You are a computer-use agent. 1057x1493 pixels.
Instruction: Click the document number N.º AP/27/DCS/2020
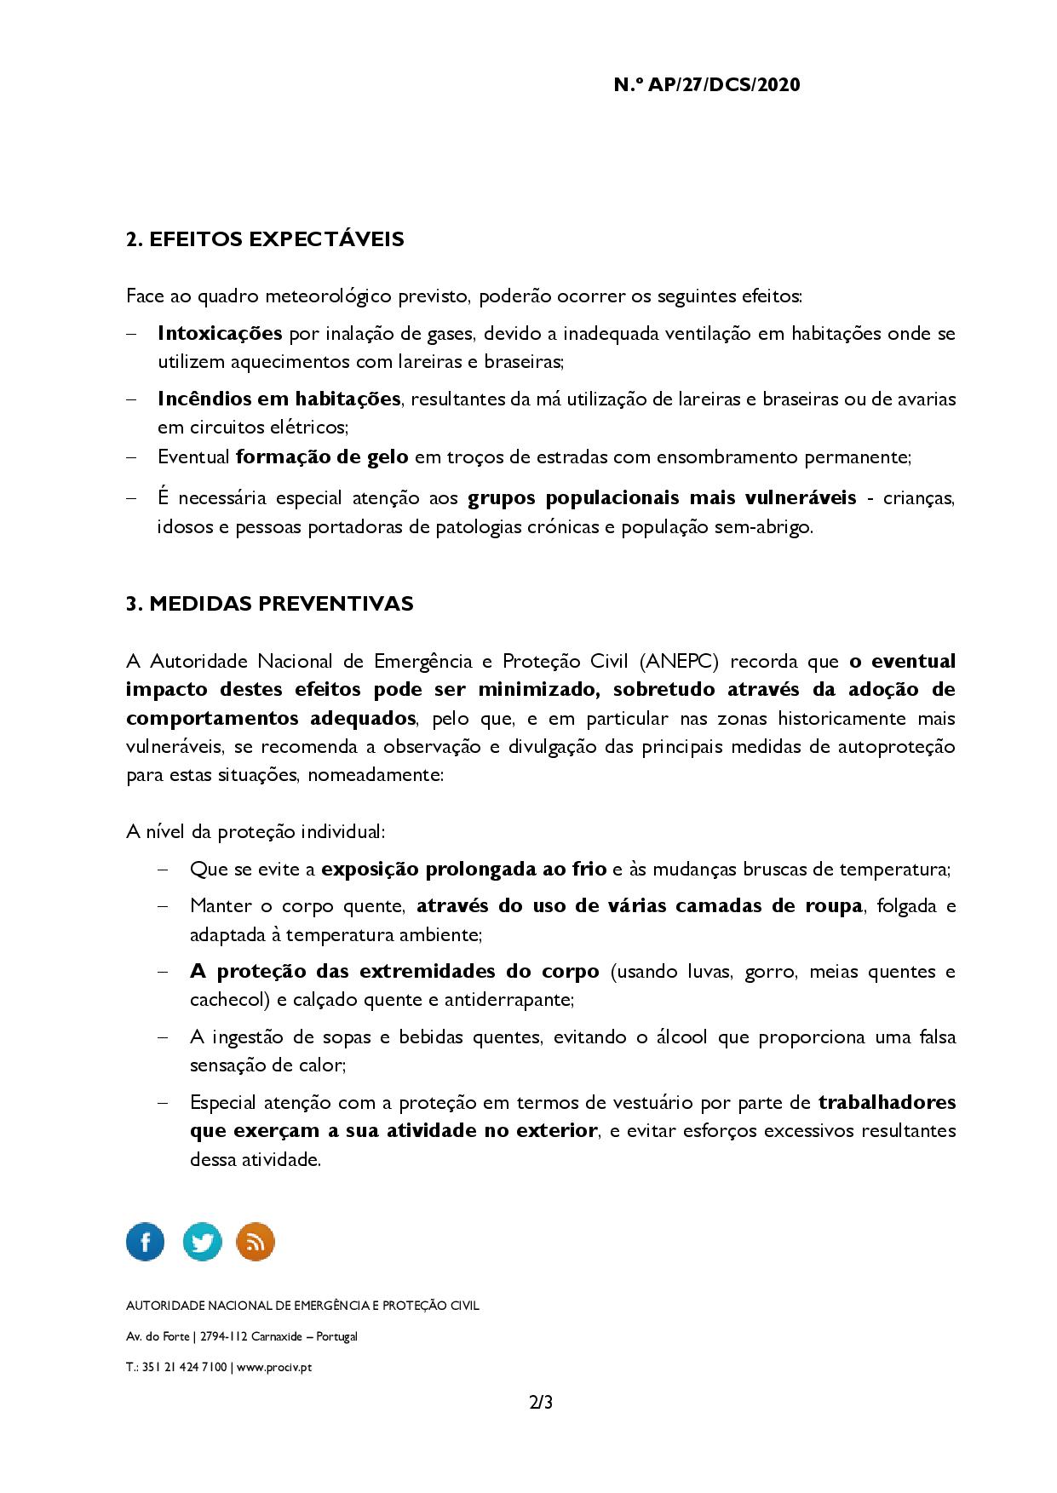pyautogui.click(x=706, y=85)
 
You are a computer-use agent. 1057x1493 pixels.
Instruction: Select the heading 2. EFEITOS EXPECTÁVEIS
pyautogui.click(x=265, y=239)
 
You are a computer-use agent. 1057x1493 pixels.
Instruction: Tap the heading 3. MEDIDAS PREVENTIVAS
pyautogui.click(x=269, y=604)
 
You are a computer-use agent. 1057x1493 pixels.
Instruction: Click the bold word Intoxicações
pyautogui.click(x=220, y=333)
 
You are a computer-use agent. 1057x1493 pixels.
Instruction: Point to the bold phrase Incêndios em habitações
pyautogui.click(x=279, y=399)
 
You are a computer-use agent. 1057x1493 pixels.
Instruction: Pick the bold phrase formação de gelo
pyautogui.click(x=322, y=457)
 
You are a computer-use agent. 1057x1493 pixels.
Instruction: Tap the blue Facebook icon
pyautogui.click(x=146, y=1242)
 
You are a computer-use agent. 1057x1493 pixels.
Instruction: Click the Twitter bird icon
pyautogui.click(x=202, y=1242)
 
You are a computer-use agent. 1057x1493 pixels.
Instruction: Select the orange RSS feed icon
pyautogui.click(x=256, y=1242)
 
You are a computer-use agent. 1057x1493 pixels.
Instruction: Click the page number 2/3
pyautogui.click(x=541, y=1403)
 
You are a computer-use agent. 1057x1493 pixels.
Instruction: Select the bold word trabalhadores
pyautogui.click(x=887, y=1103)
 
